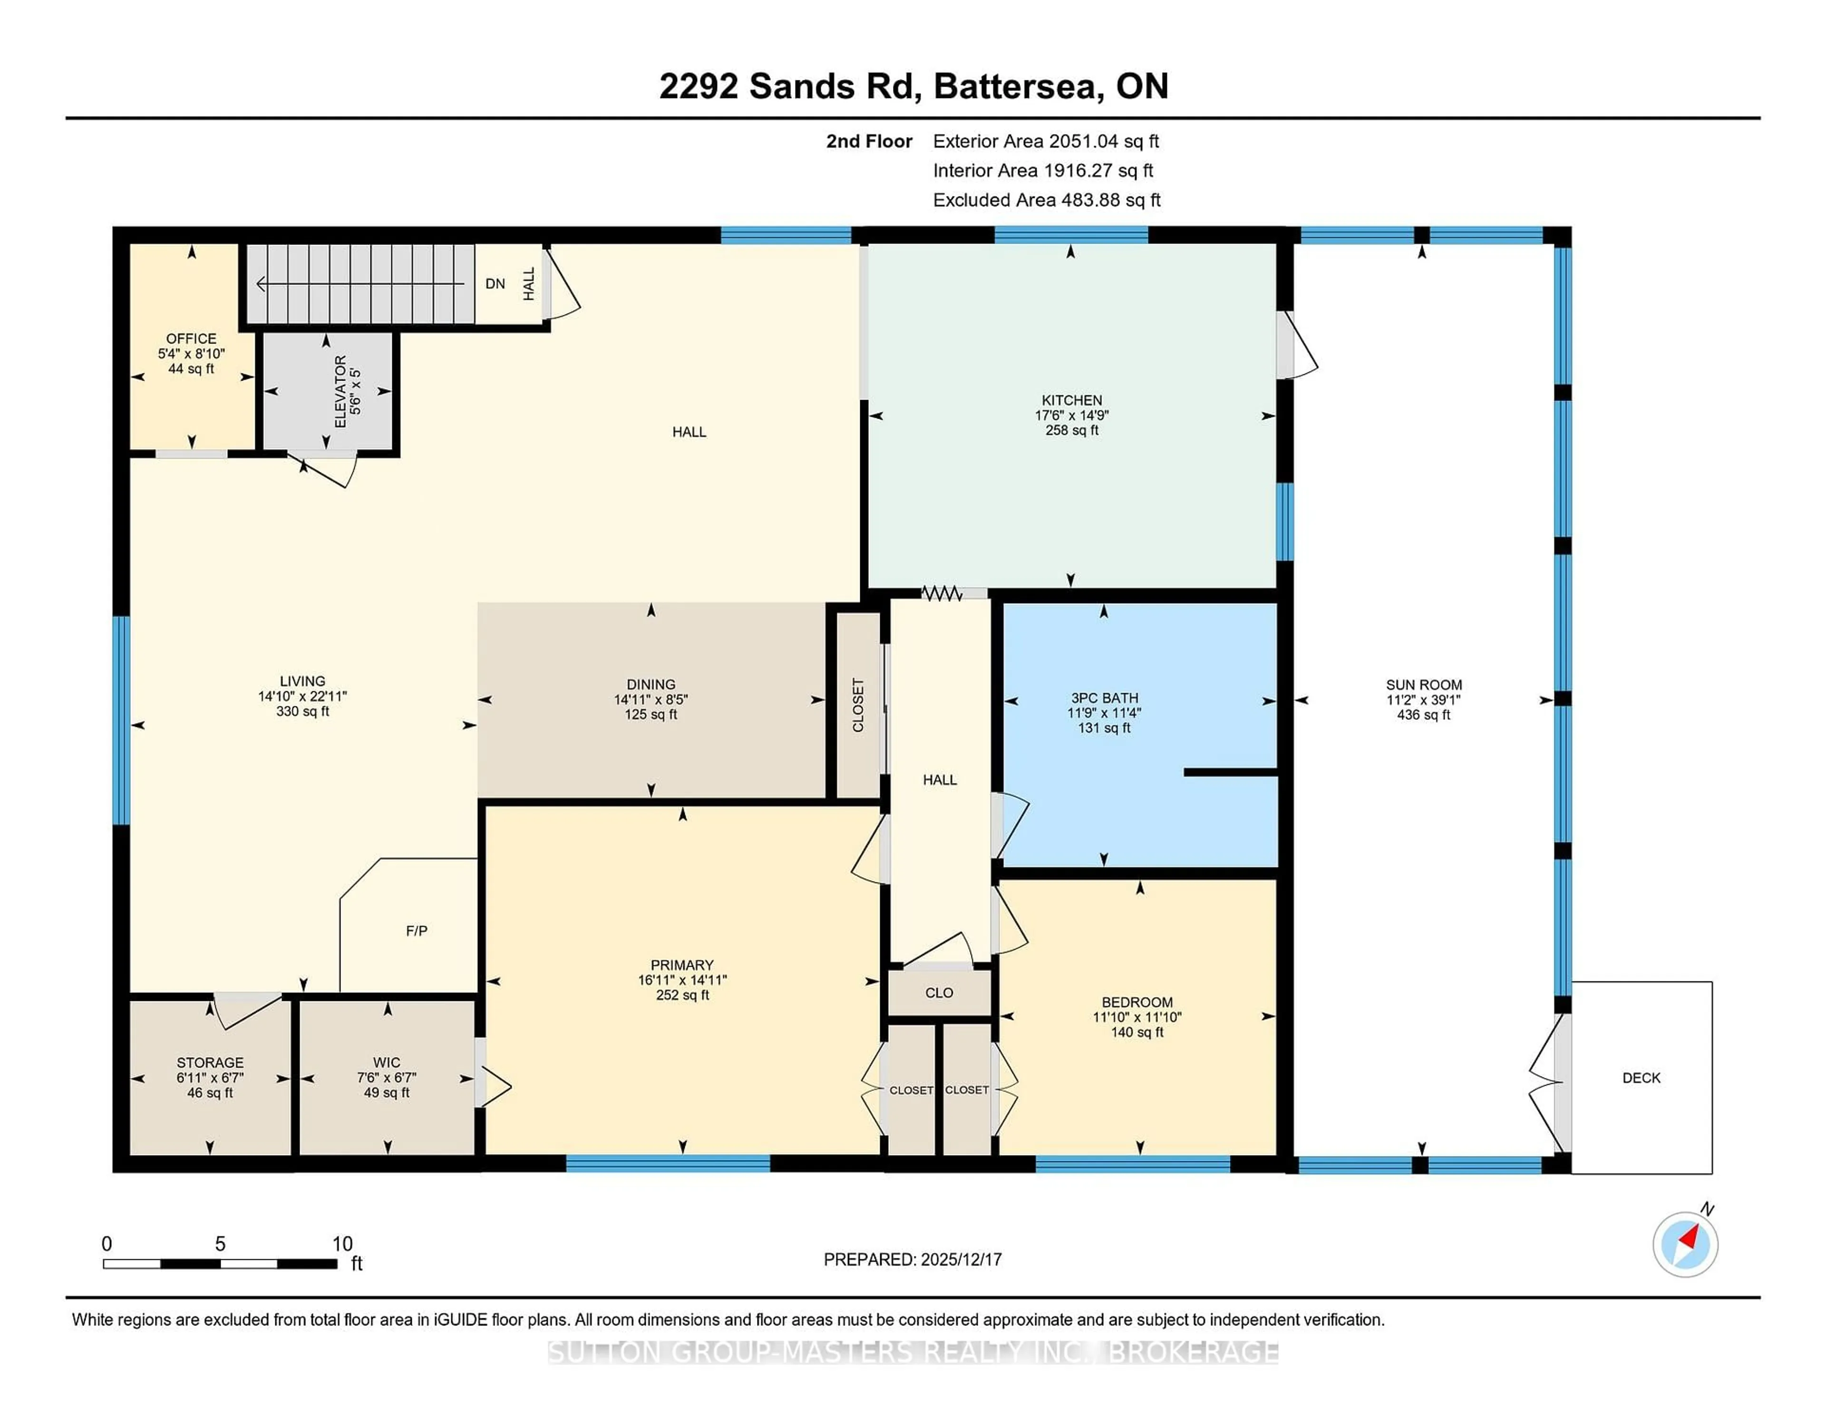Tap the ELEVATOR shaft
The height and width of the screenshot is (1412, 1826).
pos(327,392)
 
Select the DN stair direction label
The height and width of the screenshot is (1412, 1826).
pos(495,284)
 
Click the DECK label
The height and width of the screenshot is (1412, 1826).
pos(1641,1078)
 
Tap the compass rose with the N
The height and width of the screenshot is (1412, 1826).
pos(1685,1245)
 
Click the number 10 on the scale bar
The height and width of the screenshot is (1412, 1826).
pos(342,1244)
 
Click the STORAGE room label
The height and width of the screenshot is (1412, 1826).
pos(210,1062)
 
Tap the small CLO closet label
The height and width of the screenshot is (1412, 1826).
pos(939,993)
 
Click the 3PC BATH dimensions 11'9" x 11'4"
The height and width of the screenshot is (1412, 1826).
pos(1104,713)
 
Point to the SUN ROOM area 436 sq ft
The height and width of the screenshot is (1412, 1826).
pos(1423,715)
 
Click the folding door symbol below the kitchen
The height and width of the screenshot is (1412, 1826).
pos(942,593)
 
